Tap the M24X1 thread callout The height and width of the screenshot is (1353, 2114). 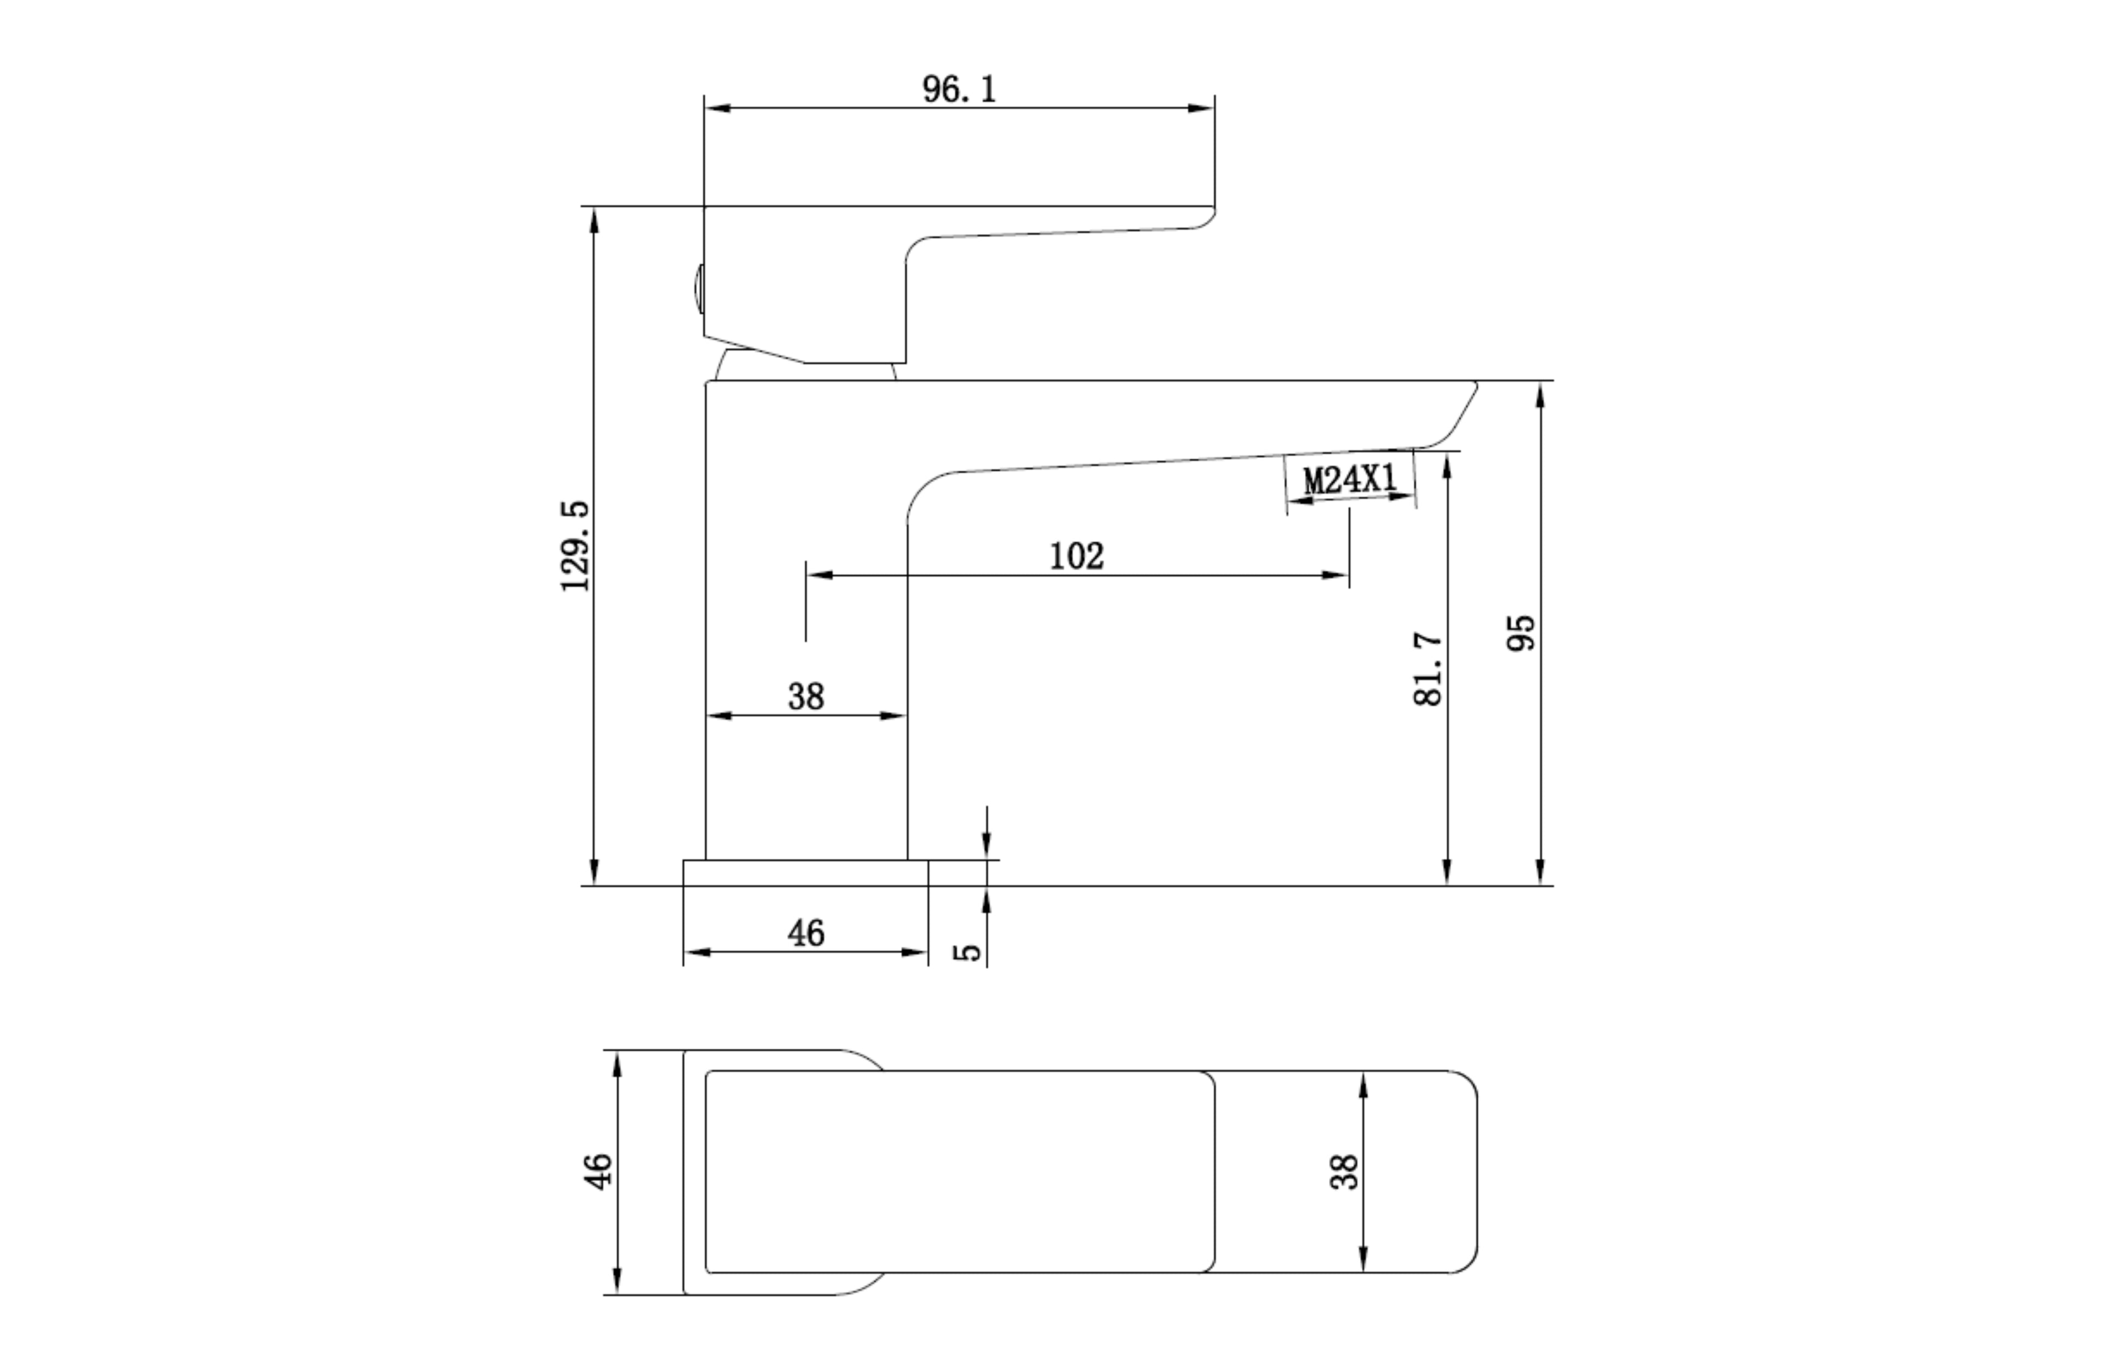pyautogui.click(x=1349, y=479)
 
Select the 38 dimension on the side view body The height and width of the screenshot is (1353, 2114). pyautogui.click(x=806, y=697)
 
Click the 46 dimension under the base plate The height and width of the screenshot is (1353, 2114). pyautogui.click(x=806, y=933)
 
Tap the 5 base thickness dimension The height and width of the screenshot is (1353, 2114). pyautogui.click(x=967, y=952)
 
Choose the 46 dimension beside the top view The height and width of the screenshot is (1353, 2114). pyautogui.click(x=598, y=1171)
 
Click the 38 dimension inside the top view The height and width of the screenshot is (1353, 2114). pyautogui.click(x=1344, y=1172)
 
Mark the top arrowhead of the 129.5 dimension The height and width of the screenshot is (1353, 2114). pyautogui.click(x=594, y=220)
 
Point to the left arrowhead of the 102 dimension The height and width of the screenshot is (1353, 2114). pyautogui.click(x=819, y=575)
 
